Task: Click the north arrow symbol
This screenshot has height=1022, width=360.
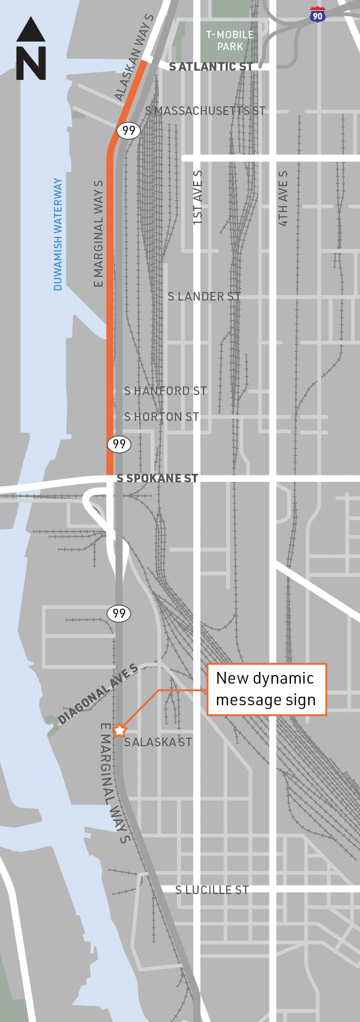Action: tap(31, 49)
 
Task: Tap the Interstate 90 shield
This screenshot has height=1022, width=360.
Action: tap(318, 15)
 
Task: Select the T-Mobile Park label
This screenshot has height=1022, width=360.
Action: tap(230, 40)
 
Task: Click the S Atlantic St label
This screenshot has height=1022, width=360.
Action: tap(211, 67)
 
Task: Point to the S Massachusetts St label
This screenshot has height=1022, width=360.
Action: tap(205, 111)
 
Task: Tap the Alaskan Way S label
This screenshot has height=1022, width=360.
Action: tap(134, 58)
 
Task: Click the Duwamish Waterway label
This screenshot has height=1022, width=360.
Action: tap(58, 234)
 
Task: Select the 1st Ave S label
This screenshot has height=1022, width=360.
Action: tap(198, 197)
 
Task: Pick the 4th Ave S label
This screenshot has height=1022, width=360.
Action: tap(283, 198)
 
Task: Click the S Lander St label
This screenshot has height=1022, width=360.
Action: tap(204, 296)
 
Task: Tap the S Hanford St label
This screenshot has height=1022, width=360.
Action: tap(165, 391)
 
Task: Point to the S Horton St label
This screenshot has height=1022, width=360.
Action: tap(161, 417)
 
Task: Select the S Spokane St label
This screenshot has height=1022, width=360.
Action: tap(157, 478)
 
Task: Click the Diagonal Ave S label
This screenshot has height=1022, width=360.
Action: tap(98, 694)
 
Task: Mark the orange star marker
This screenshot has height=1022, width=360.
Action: tap(119, 731)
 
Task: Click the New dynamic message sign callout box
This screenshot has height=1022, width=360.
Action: tap(267, 689)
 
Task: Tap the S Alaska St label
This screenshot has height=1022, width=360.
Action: tap(158, 742)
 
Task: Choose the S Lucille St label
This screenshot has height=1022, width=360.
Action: tap(212, 890)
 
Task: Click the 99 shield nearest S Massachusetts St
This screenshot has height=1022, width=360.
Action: tap(128, 130)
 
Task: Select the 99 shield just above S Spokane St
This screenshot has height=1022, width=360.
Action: tap(119, 444)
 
